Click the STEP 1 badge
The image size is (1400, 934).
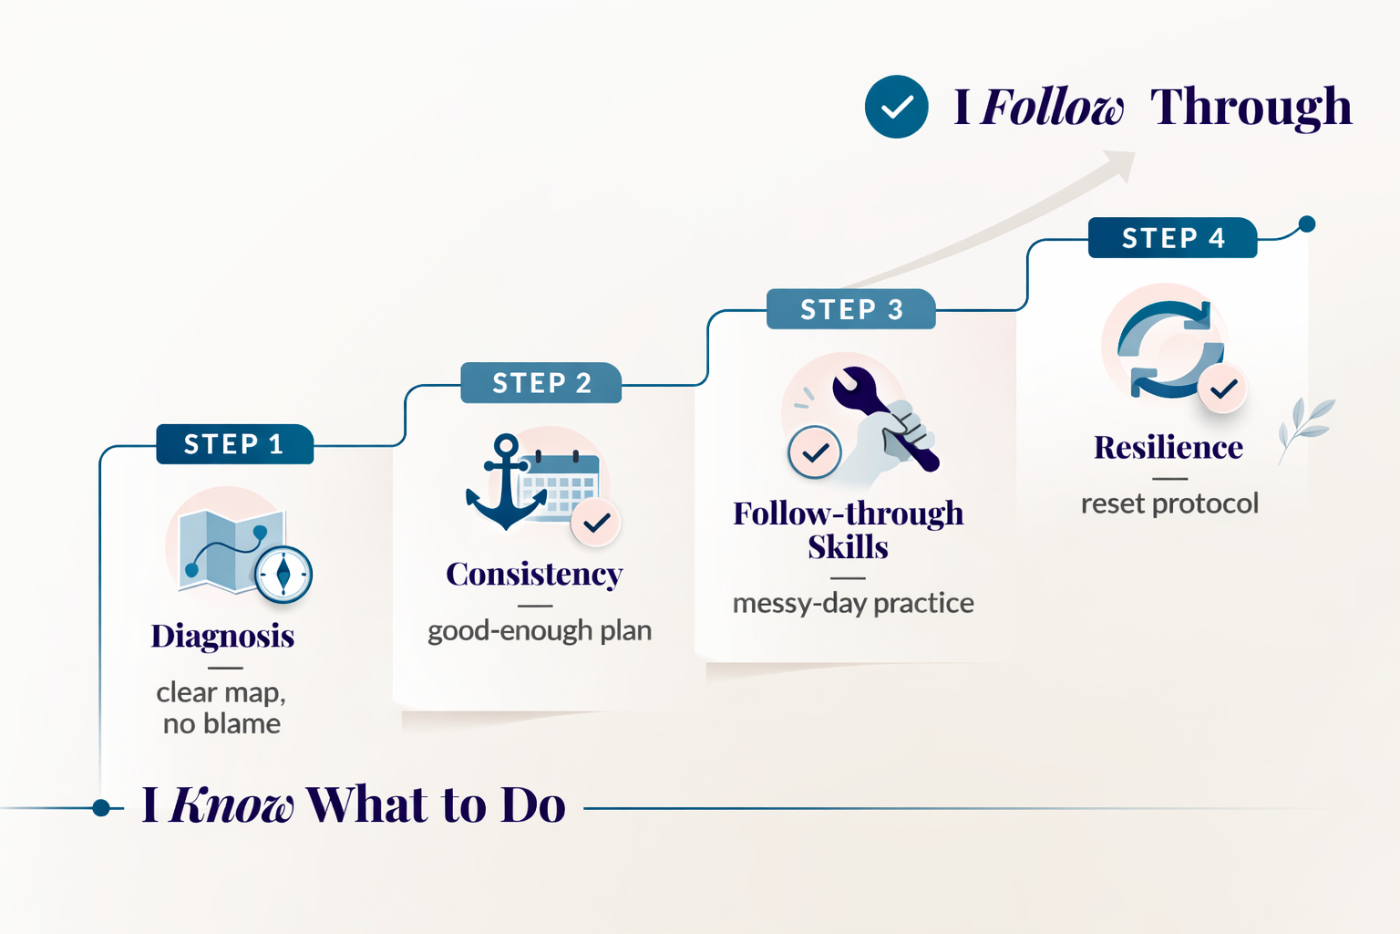(x=235, y=444)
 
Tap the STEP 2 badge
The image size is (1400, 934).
(x=541, y=383)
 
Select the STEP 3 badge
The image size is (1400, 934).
(x=851, y=309)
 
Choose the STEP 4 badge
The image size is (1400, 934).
(x=1172, y=238)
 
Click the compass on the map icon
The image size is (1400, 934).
(x=283, y=575)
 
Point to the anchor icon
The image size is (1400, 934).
(x=506, y=482)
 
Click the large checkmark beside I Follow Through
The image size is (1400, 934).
(x=896, y=107)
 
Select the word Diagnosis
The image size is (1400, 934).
(x=222, y=637)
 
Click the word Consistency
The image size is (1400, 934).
(x=534, y=575)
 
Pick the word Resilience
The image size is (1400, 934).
(x=1168, y=447)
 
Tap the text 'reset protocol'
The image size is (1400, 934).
(x=1170, y=503)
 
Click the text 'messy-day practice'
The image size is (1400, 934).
(x=853, y=604)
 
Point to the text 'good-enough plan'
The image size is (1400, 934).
(x=540, y=630)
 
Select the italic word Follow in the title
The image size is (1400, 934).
(x=1052, y=107)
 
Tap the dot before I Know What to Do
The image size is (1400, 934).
(x=101, y=807)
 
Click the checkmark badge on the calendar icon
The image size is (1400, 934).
(x=595, y=523)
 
